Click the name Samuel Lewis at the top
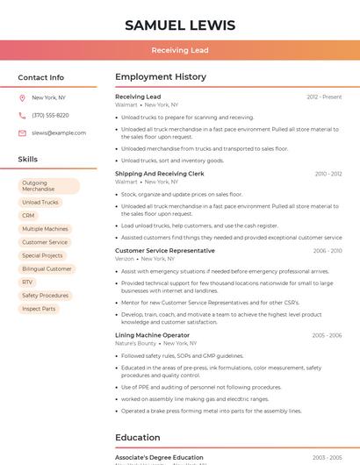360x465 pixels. (x=180, y=25)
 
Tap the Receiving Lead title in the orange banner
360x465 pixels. (x=180, y=50)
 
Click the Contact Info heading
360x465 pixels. (x=41, y=77)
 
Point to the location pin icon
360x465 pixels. (x=22, y=97)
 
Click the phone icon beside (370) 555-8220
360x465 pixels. (x=22, y=115)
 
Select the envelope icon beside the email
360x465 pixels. (x=22, y=133)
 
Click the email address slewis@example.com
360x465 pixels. (x=59, y=133)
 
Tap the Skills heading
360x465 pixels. (x=28, y=160)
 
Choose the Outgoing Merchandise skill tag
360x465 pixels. (x=49, y=186)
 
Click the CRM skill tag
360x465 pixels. (x=28, y=216)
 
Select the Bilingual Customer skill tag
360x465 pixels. (x=47, y=268)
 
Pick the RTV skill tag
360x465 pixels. (x=27, y=282)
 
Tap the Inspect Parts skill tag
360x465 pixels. (x=39, y=309)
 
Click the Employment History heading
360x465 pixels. (x=161, y=77)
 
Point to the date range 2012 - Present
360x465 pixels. (x=324, y=97)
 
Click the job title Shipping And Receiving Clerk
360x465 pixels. (x=158, y=174)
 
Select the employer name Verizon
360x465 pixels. (x=125, y=259)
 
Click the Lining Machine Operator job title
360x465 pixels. (x=152, y=335)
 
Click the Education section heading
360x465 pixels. (x=138, y=437)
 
